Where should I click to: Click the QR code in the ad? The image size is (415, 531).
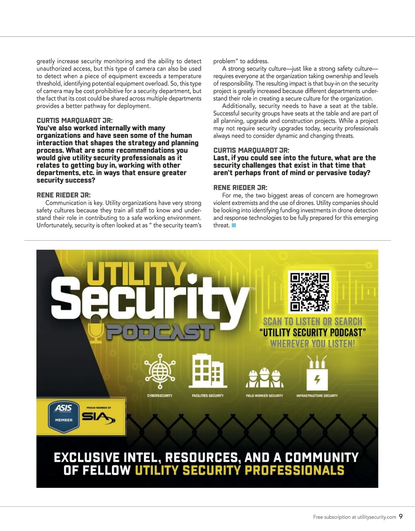pyautogui.click(x=309, y=291)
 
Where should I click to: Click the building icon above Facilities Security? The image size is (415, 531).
pyautogui.click(x=207, y=371)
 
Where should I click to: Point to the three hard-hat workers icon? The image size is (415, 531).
pyautogui.click(x=265, y=377)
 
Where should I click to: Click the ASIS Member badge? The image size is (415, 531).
pyautogui.click(x=64, y=416)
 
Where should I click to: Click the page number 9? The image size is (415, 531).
pyautogui.click(x=401, y=516)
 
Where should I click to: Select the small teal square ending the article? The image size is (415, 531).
pyautogui.click(x=234, y=226)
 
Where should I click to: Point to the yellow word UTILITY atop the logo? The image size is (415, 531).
pyautogui.click(x=136, y=274)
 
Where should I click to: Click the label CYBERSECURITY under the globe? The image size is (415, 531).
pyautogui.click(x=160, y=395)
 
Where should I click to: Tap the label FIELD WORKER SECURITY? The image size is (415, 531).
pyautogui.click(x=264, y=395)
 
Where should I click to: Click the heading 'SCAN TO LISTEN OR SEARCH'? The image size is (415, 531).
pyautogui.click(x=313, y=321)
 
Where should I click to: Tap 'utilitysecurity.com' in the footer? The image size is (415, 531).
pyautogui.click(x=377, y=517)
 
